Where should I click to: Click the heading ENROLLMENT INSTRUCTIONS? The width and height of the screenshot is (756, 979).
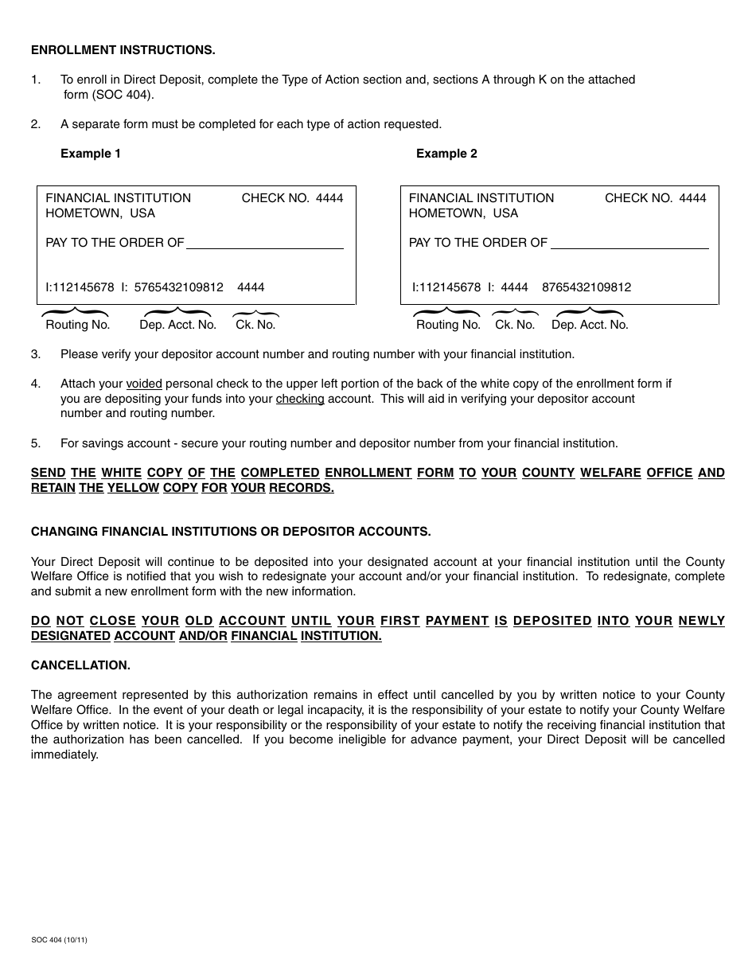tap(123, 50)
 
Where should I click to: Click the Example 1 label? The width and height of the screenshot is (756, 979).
tap(91, 154)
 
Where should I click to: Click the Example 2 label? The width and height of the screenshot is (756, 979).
tap(446, 154)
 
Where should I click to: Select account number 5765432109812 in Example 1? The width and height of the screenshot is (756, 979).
tap(179, 287)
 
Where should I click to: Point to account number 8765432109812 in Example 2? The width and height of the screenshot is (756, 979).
tap(586, 287)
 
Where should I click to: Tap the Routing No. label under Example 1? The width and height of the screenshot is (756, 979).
tap(77, 325)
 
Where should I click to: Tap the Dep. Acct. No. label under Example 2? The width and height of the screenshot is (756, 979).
tap(590, 325)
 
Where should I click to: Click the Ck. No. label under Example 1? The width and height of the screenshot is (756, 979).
tap(255, 325)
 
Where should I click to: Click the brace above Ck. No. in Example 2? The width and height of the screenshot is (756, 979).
tap(514, 313)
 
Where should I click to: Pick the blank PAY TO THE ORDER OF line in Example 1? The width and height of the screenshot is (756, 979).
tap(264, 248)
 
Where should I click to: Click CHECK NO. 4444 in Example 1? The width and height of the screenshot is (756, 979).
tap(292, 198)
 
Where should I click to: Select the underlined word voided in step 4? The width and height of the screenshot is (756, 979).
tap(144, 384)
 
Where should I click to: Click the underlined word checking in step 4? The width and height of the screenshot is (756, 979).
tap(300, 399)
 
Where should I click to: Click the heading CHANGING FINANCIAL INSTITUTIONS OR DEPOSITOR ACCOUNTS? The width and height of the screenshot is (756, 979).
tap(231, 532)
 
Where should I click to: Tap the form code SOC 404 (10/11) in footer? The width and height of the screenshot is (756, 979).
tap(59, 940)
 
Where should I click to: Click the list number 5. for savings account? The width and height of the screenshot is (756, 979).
tap(36, 443)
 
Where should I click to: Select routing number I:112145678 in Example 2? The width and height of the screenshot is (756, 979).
tap(446, 287)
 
